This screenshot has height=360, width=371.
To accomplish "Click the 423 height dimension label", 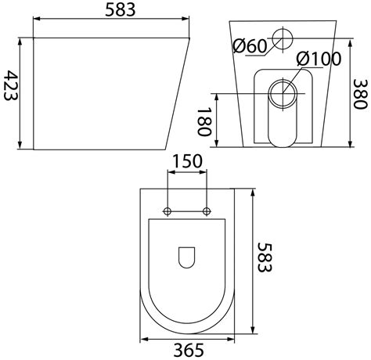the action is tap(11, 85).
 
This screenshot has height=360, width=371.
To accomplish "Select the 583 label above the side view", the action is tap(121, 9).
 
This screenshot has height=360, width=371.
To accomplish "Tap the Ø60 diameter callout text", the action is tap(250, 46).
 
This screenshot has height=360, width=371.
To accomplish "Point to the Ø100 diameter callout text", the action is tap(319, 59).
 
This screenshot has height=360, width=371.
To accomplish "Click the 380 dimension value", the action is tap(360, 94).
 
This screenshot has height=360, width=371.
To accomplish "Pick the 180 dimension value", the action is tap(204, 122).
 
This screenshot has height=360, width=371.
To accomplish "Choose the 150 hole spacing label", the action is tap(187, 161).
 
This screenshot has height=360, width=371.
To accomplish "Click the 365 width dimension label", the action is tap(189, 350).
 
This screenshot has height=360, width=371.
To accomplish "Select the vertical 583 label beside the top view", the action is tap(265, 257).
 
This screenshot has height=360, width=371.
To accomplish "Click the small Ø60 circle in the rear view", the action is tap(283, 38).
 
